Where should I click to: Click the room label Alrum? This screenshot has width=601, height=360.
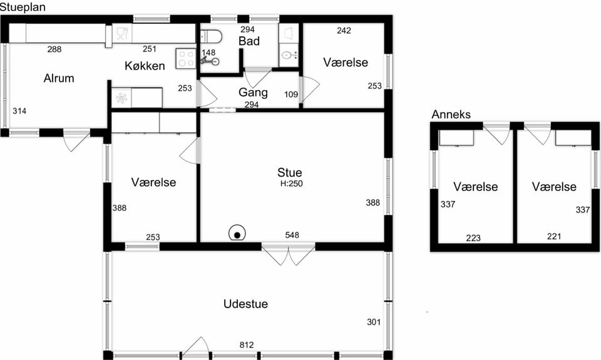(59, 78)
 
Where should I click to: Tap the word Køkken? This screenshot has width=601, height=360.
(145, 66)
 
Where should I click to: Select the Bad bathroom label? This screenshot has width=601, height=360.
(249, 41)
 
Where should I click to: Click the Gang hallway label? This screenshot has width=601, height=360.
(253, 93)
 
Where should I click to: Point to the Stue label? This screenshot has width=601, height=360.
(290, 172)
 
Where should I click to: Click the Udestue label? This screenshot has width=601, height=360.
(245, 304)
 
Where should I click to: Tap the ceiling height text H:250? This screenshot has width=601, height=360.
(292, 183)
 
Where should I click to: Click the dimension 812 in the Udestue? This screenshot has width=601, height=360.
(247, 345)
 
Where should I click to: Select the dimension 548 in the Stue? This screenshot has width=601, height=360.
(292, 235)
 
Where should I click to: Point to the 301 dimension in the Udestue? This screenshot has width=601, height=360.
(374, 322)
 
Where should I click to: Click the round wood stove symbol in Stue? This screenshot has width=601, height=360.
(237, 233)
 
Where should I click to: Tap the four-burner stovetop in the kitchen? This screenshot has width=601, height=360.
(186, 59)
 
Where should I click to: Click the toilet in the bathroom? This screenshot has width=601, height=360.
(211, 37)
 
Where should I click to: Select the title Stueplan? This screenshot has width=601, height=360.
(23, 7)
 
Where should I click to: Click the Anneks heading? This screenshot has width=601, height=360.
(451, 114)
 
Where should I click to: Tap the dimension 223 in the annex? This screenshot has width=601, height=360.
(473, 238)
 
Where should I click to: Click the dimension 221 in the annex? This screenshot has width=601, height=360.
(554, 237)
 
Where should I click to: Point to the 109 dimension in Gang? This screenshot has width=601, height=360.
(291, 95)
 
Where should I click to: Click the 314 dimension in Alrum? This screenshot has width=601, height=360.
(19, 111)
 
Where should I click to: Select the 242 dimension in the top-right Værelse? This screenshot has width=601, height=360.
(344, 31)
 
